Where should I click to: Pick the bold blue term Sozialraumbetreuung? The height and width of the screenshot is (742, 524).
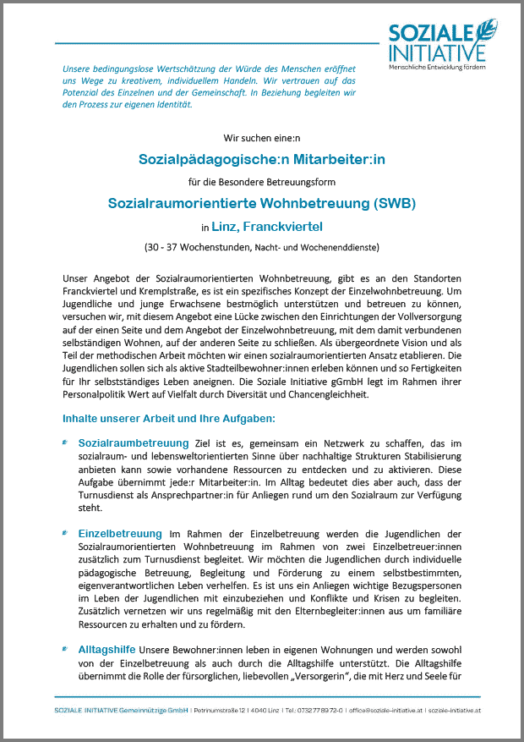[x=134, y=442]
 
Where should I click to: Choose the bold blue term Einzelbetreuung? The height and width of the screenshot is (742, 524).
[x=120, y=534]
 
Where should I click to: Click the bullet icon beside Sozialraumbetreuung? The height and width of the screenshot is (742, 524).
[x=66, y=442]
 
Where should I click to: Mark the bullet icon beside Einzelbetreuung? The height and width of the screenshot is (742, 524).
[x=66, y=534]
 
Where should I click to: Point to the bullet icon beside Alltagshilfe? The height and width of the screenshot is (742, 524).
[x=66, y=648]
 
